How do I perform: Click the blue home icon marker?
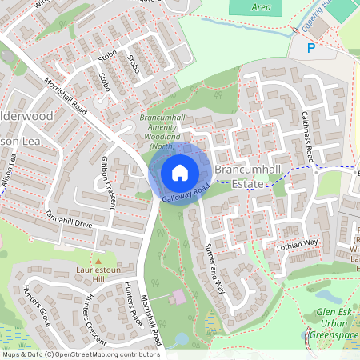[x=180, y=173]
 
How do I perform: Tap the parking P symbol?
[x=312, y=49]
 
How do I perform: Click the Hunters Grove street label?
[x=36, y=305]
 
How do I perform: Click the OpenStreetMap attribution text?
[x=80, y=354]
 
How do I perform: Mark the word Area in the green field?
[x=261, y=7]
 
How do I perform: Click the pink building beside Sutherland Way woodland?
[x=178, y=297]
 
